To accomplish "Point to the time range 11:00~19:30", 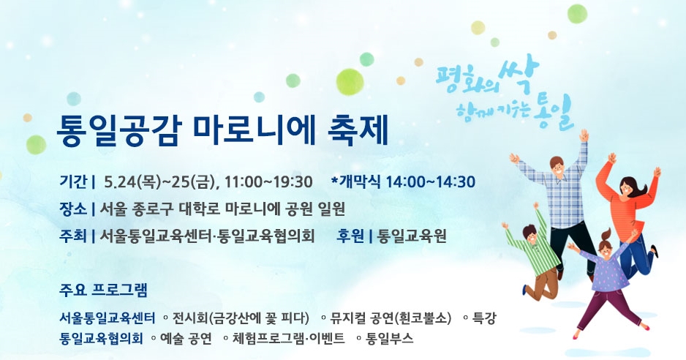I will click(268, 181).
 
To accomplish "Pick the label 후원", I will click(351, 236).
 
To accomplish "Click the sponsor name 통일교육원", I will click(412, 236).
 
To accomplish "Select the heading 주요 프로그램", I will click(104, 290).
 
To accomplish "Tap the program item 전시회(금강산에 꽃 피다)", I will click(241, 318).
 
